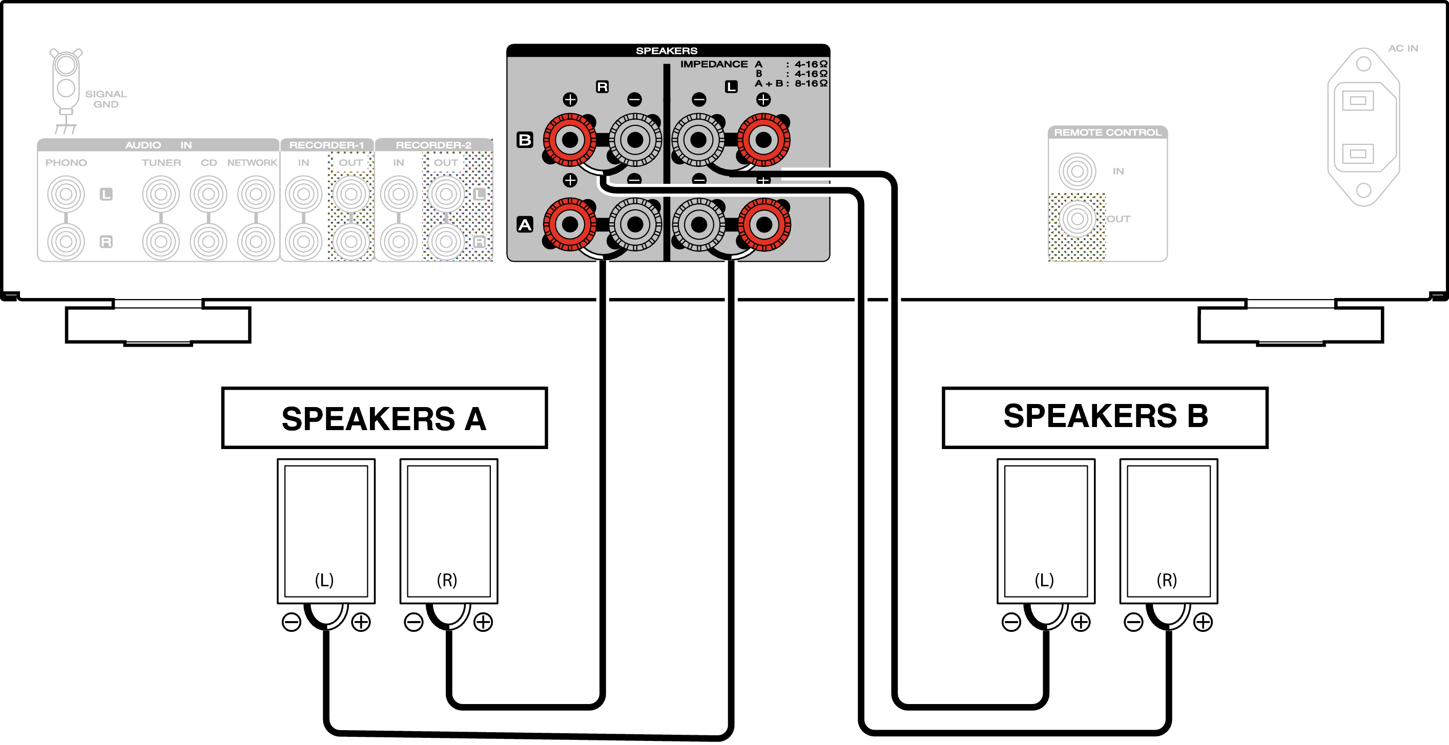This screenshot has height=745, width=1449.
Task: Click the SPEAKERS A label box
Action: tap(384, 418)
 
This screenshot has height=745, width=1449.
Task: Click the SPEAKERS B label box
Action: tap(1105, 417)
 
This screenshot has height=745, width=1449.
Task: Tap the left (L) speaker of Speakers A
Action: tap(326, 531)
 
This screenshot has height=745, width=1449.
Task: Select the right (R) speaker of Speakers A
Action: tap(448, 531)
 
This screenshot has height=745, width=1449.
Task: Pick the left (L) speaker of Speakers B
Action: tap(1046, 531)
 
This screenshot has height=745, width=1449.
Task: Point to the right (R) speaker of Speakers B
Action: tap(1168, 531)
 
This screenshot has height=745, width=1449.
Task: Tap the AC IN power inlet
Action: tap(1363, 127)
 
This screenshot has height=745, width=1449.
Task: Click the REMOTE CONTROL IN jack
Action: tap(1077, 171)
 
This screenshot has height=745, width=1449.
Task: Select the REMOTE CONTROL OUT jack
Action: tap(1077, 219)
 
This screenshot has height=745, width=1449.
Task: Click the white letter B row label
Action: tap(524, 139)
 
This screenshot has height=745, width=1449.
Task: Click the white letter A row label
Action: tap(524, 225)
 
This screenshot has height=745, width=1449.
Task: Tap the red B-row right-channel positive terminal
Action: tap(570, 139)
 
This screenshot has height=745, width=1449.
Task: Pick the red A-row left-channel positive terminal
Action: tap(764, 225)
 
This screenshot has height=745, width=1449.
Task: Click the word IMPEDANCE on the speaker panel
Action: tap(714, 64)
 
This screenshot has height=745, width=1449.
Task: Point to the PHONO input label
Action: tap(66, 162)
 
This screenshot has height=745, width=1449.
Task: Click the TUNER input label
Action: tap(161, 162)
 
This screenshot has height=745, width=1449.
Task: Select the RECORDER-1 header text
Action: tap(326, 145)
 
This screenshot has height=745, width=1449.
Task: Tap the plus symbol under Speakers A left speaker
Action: tap(361, 622)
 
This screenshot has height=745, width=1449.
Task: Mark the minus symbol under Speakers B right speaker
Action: tap(1133, 622)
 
